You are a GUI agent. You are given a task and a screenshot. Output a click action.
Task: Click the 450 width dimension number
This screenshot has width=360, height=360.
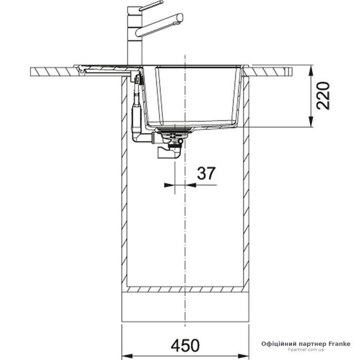point(185,345)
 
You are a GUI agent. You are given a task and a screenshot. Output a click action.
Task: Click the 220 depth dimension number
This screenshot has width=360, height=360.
point(323,96)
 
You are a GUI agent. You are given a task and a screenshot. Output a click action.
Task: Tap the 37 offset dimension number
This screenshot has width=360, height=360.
point(206,173)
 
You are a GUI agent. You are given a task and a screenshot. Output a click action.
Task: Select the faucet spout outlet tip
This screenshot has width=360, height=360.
point(180,18)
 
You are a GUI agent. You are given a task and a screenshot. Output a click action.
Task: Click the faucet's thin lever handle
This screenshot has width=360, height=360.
point(151,6)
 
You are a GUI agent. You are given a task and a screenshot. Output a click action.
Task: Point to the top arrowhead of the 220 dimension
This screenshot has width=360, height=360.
point(311,70)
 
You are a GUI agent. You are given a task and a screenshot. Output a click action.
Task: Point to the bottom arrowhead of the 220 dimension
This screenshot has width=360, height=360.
point(311,122)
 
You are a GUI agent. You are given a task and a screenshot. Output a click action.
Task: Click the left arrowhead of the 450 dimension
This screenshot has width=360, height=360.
point(127,356)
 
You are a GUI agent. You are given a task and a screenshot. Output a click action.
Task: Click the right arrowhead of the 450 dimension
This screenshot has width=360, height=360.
point(244,356)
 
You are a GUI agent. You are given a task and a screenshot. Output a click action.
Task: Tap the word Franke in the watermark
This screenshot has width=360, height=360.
point(340,344)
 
